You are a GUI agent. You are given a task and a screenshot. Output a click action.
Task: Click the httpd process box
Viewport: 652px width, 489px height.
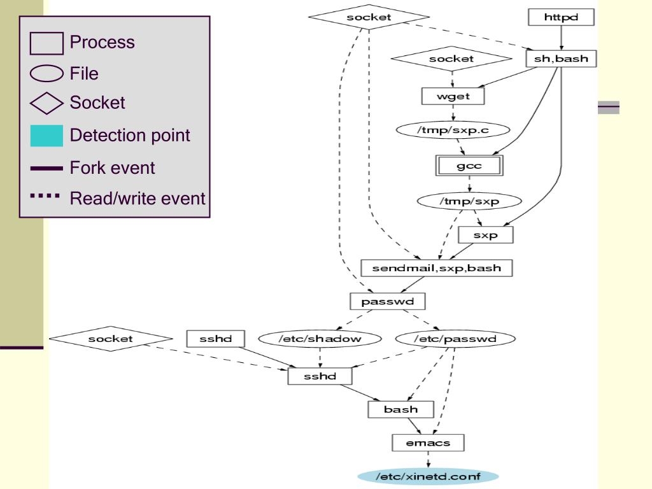(561, 17)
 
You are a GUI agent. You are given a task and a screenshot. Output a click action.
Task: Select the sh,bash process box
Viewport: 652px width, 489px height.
(561, 59)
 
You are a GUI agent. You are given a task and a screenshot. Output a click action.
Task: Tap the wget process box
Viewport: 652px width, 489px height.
(453, 96)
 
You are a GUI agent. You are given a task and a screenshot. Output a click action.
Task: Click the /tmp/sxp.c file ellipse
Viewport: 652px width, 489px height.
(453, 130)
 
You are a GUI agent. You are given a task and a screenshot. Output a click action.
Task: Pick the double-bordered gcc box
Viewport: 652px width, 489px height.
(469, 166)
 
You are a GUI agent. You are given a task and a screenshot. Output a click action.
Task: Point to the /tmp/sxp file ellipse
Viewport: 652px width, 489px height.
(469, 201)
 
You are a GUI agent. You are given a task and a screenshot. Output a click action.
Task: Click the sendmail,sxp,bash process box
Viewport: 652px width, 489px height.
(436, 267)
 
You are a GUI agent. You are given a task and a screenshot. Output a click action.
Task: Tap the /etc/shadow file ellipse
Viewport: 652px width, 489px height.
(320, 339)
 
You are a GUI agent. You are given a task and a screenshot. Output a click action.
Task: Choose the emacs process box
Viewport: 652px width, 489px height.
(428, 443)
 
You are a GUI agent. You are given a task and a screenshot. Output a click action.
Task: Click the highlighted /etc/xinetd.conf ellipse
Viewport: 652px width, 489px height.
(427, 476)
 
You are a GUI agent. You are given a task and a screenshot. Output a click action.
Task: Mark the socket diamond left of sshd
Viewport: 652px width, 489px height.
(111, 339)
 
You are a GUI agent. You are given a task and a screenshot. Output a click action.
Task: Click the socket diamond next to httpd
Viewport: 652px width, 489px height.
(369, 17)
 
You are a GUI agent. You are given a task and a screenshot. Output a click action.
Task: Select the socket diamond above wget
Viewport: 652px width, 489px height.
(451, 59)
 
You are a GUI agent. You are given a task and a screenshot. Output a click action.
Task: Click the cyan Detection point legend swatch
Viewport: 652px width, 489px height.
(46, 136)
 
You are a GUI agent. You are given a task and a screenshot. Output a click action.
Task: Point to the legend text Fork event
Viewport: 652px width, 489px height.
(112, 168)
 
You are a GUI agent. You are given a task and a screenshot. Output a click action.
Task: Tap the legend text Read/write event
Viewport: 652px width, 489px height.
(138, 199)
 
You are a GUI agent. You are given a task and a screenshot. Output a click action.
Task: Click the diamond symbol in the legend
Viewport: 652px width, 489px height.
(46, 103)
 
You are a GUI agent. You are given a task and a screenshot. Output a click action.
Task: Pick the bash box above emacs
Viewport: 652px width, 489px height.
(400, 409)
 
